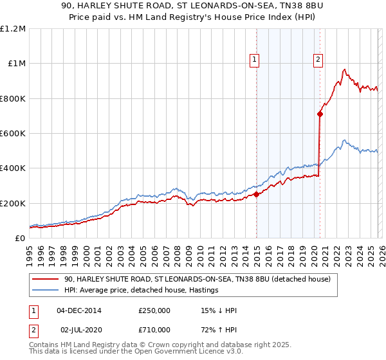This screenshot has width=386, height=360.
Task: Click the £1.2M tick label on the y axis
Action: pyautogui.click(x=12, y=29)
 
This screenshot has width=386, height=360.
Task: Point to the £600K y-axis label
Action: pyautogui.click(x=12, y=134)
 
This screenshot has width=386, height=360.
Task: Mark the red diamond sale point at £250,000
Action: pyautogui.click(x=256, y=194)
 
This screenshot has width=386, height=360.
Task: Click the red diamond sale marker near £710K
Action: pyautogui.click(x=320, y=114)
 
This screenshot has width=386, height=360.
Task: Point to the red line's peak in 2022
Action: pyautogui.click(x=345, y=69)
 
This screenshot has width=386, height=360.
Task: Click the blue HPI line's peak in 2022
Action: pyautogui.click(x=344, y=140)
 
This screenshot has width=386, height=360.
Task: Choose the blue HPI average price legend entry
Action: pyautogui.click(x=142, y=291)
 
